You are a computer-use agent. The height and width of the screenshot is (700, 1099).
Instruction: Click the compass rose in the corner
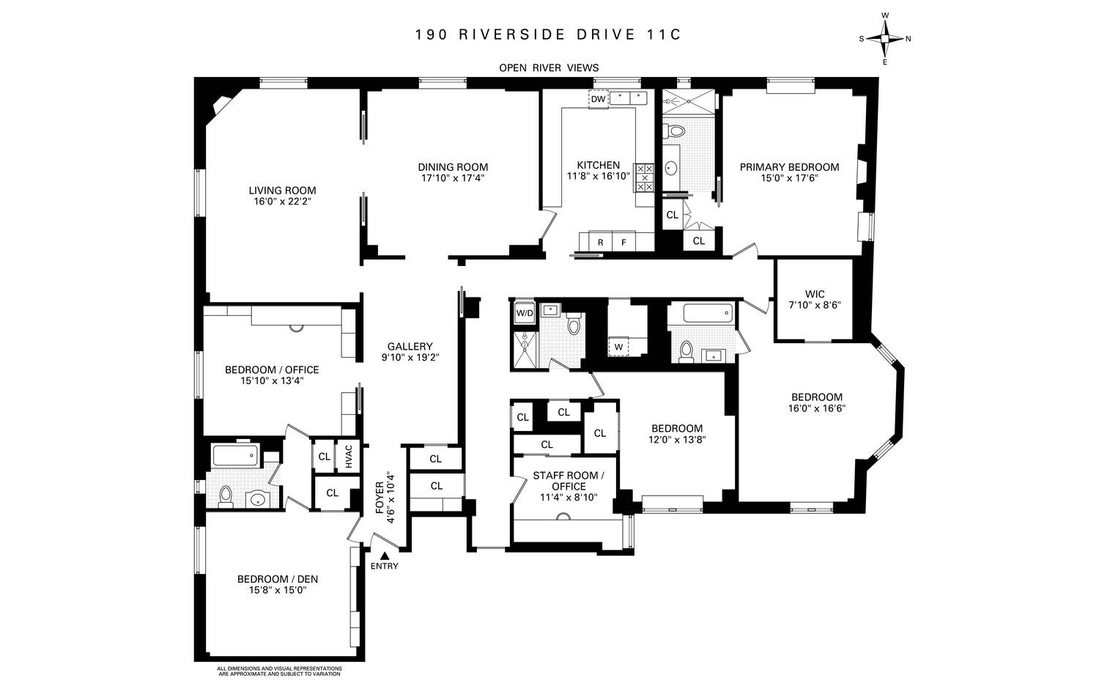[x=884, y=40]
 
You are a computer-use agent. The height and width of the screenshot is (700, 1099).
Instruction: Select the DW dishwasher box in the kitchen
[x=599, y=99]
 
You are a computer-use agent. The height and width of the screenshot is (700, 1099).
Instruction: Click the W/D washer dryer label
[x=525, y=313]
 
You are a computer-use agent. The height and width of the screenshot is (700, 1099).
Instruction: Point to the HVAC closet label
[x=349, y=457]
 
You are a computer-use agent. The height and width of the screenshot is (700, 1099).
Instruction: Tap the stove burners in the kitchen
[x=643, y=177]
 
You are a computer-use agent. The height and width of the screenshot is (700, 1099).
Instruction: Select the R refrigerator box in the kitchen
[x=601, y=242]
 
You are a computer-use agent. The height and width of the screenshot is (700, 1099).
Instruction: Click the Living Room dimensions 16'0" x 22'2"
[x=282, y=202]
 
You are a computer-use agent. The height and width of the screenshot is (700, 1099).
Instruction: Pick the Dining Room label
[x=453, y=166]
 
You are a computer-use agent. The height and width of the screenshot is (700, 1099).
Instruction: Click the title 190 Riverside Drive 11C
[x=548, y=34]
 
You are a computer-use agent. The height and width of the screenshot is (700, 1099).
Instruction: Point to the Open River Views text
[x=549, y=67]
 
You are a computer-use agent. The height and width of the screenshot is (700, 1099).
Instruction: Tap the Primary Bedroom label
[x=789, y=166]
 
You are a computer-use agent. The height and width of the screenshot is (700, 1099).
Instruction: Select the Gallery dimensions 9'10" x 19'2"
[x=410, y=358]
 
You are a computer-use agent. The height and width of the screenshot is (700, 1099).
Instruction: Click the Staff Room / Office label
[x=569, y=481]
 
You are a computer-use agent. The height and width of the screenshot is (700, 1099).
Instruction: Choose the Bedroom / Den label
[x=277, y=578]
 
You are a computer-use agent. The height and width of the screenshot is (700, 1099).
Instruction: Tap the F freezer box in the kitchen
[x=624, y=242]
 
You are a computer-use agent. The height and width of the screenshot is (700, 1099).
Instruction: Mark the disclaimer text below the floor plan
[x=279, y=671]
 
